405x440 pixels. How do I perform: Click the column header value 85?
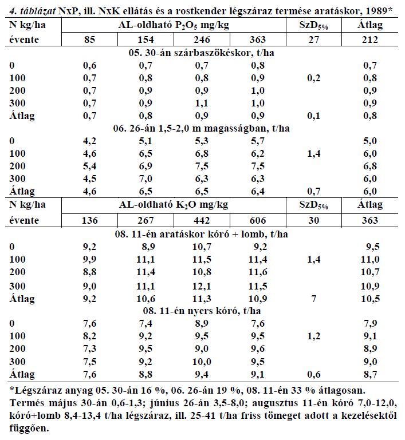(x=89, y=39)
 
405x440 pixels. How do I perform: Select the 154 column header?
(x=146, y=39)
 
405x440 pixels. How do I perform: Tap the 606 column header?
(x=258, y=220)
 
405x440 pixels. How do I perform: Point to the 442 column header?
(x=202, y=220)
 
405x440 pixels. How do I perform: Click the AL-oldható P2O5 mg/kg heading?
(x=174, y=25)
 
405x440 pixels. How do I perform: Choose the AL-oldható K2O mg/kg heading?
(x=174, y=205)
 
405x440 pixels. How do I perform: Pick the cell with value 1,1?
(x=202, y=103)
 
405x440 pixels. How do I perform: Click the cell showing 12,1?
(x=202, y=286)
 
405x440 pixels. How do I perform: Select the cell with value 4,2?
(x=89, y=141)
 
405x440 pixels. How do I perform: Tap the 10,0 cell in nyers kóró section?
(x=202, y=362)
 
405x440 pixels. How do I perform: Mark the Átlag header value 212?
(x=370, y=39)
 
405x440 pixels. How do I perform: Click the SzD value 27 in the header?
(x=314, y=39)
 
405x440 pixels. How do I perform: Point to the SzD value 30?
(x=314, y=220)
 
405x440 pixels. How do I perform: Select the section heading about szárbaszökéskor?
(x=202, y=53)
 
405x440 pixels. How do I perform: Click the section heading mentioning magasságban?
(x=202, y=128)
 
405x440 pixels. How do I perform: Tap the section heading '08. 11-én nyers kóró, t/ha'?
(x=202, y=311)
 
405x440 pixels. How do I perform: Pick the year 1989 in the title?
(x=376, y=11)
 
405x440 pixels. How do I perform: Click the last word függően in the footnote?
(x=29, y=428)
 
